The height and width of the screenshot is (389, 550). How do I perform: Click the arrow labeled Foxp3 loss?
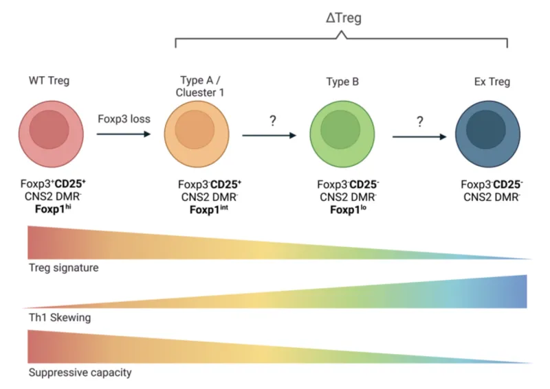[124, 134]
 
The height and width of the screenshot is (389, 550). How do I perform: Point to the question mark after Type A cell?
[272, 121]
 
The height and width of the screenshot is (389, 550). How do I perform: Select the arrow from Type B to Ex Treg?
[419, 136]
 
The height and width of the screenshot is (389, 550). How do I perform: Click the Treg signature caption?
[63, 268]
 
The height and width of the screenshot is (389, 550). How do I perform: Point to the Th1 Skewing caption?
[59, 318]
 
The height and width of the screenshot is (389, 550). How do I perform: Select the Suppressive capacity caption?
[80, 373]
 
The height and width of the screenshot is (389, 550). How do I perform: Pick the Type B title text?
[343, 82]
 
